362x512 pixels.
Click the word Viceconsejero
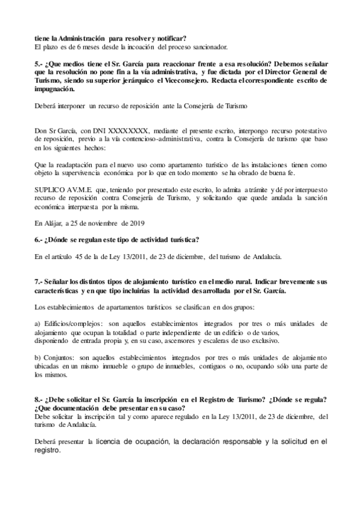(213, 80)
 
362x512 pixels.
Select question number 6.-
(40, 240)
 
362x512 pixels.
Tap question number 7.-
(40, 282)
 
